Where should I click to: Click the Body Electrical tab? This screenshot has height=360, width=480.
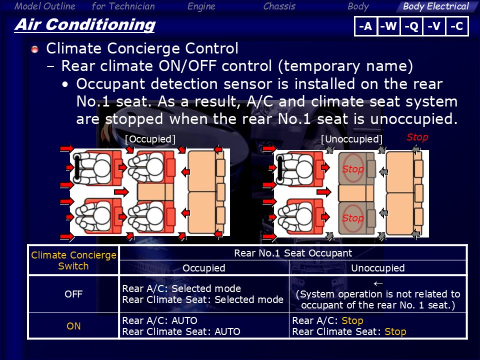(x=435, y=6)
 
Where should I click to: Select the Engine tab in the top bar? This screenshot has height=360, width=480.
(x=201, y=6)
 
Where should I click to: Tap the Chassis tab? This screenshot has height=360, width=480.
(x=279, y=6)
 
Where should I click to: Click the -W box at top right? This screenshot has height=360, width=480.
(x=389, y=26)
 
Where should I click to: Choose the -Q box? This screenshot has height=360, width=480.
(x=411, y=26)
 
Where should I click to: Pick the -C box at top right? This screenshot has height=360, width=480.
(x=456, y=26)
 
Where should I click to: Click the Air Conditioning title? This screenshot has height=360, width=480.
(x=85, y=25)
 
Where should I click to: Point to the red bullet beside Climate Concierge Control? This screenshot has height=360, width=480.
(x=35, y=49)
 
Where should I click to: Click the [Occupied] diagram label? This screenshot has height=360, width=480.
(x=150, y=139)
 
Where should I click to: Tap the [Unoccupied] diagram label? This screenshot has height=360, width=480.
(x=351, y=139)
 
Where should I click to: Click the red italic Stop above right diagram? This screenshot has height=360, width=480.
(x=417, y=137)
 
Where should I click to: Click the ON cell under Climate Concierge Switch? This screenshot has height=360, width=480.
(x=73, y=326)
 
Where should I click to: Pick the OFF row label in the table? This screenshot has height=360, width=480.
(x=73, y=294)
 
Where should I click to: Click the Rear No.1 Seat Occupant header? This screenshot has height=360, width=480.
(x=293, y=253)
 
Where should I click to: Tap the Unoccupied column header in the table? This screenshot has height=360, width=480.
(x=378, y=268)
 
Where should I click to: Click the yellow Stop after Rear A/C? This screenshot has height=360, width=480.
(x=352, y=320)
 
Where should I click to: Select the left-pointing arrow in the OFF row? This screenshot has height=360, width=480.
(x=378, y=284)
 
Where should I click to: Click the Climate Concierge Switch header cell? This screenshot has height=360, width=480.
(x=73, y=260)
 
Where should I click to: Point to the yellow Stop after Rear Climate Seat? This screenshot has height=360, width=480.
(x=395, y=331)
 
